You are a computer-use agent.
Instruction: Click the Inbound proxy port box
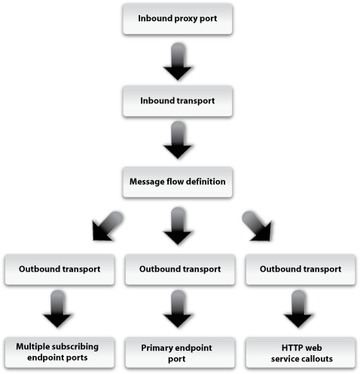click(178, 18)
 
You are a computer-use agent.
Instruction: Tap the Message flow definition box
click(178, 182)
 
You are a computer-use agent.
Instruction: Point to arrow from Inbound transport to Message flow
click(178, 142)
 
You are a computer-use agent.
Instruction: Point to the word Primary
click(158, 345)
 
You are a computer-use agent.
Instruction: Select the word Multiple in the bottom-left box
click(33, 345)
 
